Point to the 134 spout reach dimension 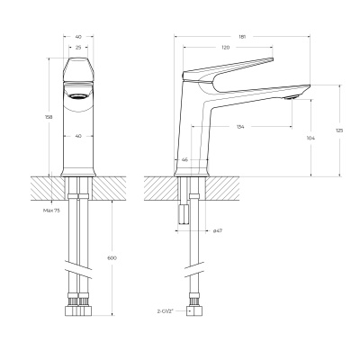pos(239,126)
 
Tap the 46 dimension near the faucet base pos(185,159)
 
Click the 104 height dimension pos(310,138)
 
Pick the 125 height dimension pos(338,131)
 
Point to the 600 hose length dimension pos(112,257)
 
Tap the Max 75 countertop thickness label pos(50,211)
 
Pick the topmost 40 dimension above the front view pos(79,37)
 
